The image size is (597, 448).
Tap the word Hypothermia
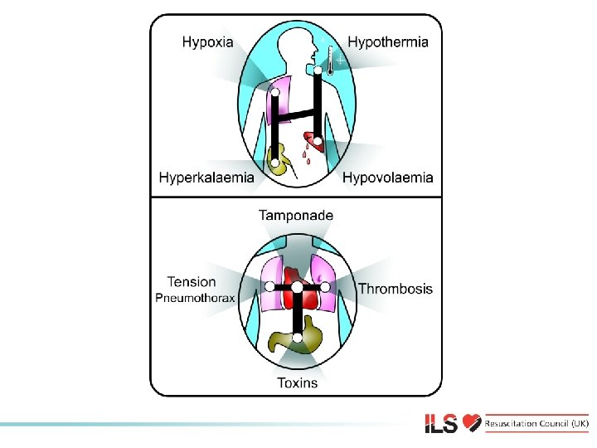pyautogui.click(x=387, y=42)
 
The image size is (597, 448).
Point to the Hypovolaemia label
pyautogui.click(x=387, y=178)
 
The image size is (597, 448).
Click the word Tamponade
pyautogui.click(x=296, y=216)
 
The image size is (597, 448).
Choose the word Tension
pyautogui.click(x=192, y=282)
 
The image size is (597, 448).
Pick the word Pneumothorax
pyautogui.click(x=195, y=297)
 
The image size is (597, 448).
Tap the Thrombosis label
pyautogui.click(x=395, y=289)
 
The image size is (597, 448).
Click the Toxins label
pyautogui.click(x=297, y=383)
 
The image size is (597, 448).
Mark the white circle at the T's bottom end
pyautogui.click(x=297, y=337)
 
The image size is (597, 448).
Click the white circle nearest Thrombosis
pyautogui.click(x=325, y=286)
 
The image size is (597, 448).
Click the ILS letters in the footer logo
pyautogui.click(x=441, y=425)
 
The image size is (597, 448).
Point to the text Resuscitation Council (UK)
pyautogui.click(x=537, y=423)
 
